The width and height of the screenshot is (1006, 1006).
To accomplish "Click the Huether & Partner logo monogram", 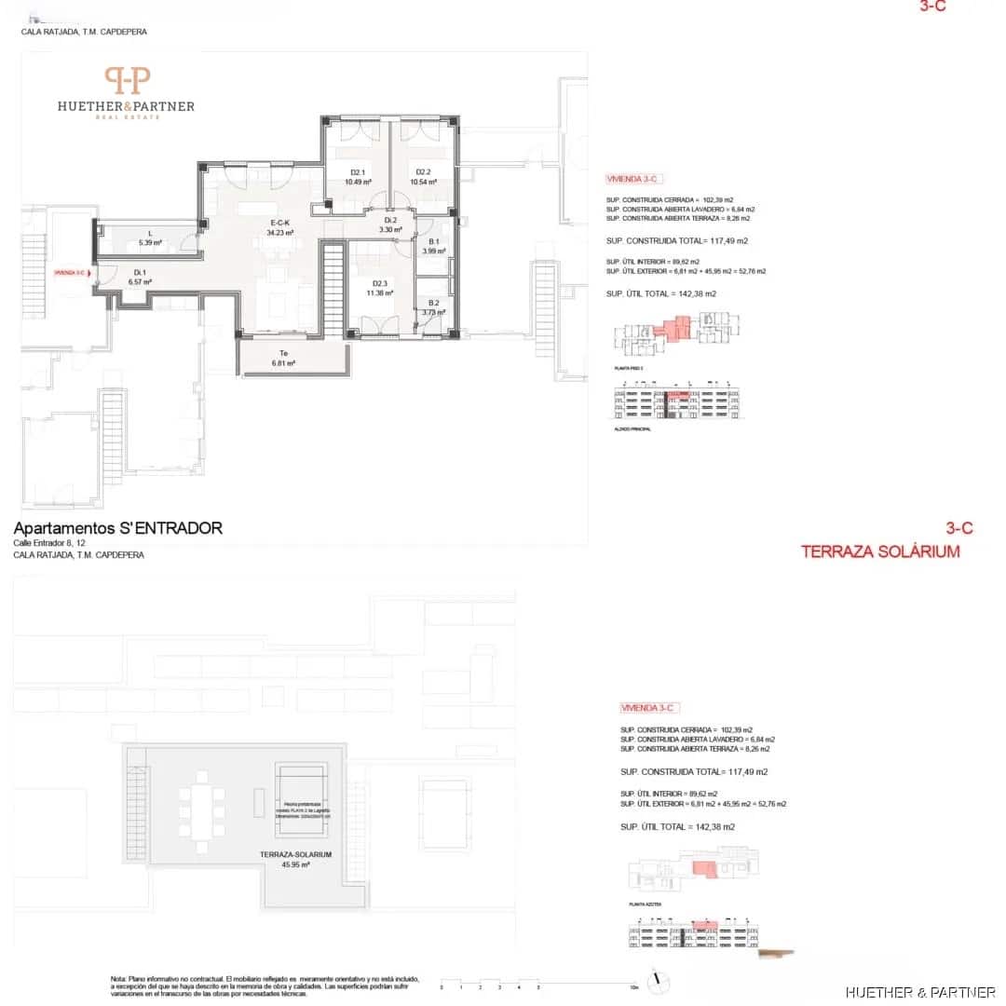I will [x=126, y=80].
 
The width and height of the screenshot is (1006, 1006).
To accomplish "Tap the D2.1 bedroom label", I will [x=358, y=177].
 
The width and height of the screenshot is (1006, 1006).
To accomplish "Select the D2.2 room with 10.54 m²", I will [x=423, y=177].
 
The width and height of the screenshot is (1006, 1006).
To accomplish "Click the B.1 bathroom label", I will [x=433, y=246].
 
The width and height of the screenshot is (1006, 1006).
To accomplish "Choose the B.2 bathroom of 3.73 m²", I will [x=433, y=307].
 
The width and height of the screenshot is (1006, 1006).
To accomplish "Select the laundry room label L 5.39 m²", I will [x=150, y=238].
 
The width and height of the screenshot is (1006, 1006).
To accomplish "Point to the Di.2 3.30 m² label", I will [x=388, y=224].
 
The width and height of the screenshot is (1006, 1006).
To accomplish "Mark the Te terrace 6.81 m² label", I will [x=283, y=359].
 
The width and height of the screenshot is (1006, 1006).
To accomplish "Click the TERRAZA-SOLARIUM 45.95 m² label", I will [x=296, y=859].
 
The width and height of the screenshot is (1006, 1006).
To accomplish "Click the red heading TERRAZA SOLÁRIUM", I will [x=879, y=551].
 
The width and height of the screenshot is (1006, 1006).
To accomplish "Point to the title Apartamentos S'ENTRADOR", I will [x=118, y=528].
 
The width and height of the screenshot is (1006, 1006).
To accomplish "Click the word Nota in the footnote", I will [x=118, y=979].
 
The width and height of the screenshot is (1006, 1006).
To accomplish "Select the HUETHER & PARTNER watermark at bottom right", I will [x=920, y=992].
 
